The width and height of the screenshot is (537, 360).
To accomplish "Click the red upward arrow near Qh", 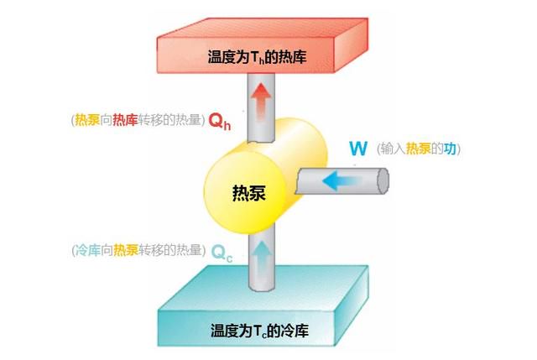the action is point(261,101).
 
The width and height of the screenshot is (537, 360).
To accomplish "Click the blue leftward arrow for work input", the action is point(341,181).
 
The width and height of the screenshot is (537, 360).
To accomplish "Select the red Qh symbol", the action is point(220,121).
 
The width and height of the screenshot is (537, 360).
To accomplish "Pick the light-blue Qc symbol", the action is point(222,253).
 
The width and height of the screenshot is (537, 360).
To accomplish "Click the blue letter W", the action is point(358,149).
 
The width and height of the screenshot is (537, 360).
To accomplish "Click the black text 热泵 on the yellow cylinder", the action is point(249,193).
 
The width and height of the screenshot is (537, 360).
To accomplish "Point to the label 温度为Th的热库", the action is point(257,57).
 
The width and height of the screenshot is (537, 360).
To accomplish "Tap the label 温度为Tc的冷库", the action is point(259,331).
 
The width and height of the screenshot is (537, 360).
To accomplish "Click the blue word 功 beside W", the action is point(450,149).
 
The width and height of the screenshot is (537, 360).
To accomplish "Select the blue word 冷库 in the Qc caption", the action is point(87,250).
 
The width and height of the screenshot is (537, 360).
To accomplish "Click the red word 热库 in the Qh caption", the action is point(125,120).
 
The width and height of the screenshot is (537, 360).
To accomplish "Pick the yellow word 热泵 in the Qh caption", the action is point(87,120).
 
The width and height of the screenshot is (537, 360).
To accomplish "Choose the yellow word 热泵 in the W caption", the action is point(418,149).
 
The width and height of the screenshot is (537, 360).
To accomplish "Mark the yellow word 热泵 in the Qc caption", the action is point(126,250).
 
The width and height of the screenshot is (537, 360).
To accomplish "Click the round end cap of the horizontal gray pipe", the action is point(383,181).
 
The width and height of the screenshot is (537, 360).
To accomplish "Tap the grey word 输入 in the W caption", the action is point(393,149).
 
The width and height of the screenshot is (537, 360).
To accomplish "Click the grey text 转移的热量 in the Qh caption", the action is point(169,120).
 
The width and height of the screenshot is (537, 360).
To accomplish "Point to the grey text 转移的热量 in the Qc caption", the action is point(170,250).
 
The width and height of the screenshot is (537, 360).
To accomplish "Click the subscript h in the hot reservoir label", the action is point(262,60).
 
